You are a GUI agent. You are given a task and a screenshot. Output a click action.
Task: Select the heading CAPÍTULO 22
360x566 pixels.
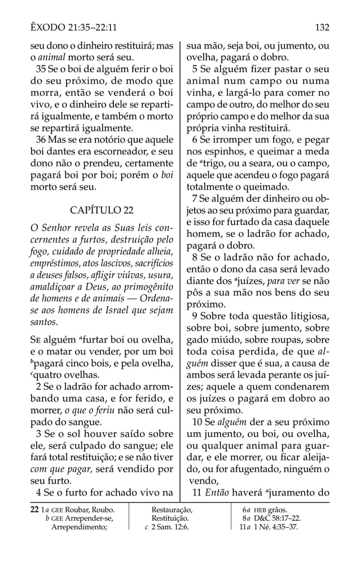[x=102, y=210]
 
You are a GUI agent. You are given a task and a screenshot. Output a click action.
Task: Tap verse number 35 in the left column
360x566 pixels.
[x=41, y=70]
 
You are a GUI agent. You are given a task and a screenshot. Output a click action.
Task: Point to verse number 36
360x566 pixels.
[x=41, y=139]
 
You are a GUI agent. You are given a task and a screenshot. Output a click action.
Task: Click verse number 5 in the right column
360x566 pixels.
[x=195, y=70]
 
